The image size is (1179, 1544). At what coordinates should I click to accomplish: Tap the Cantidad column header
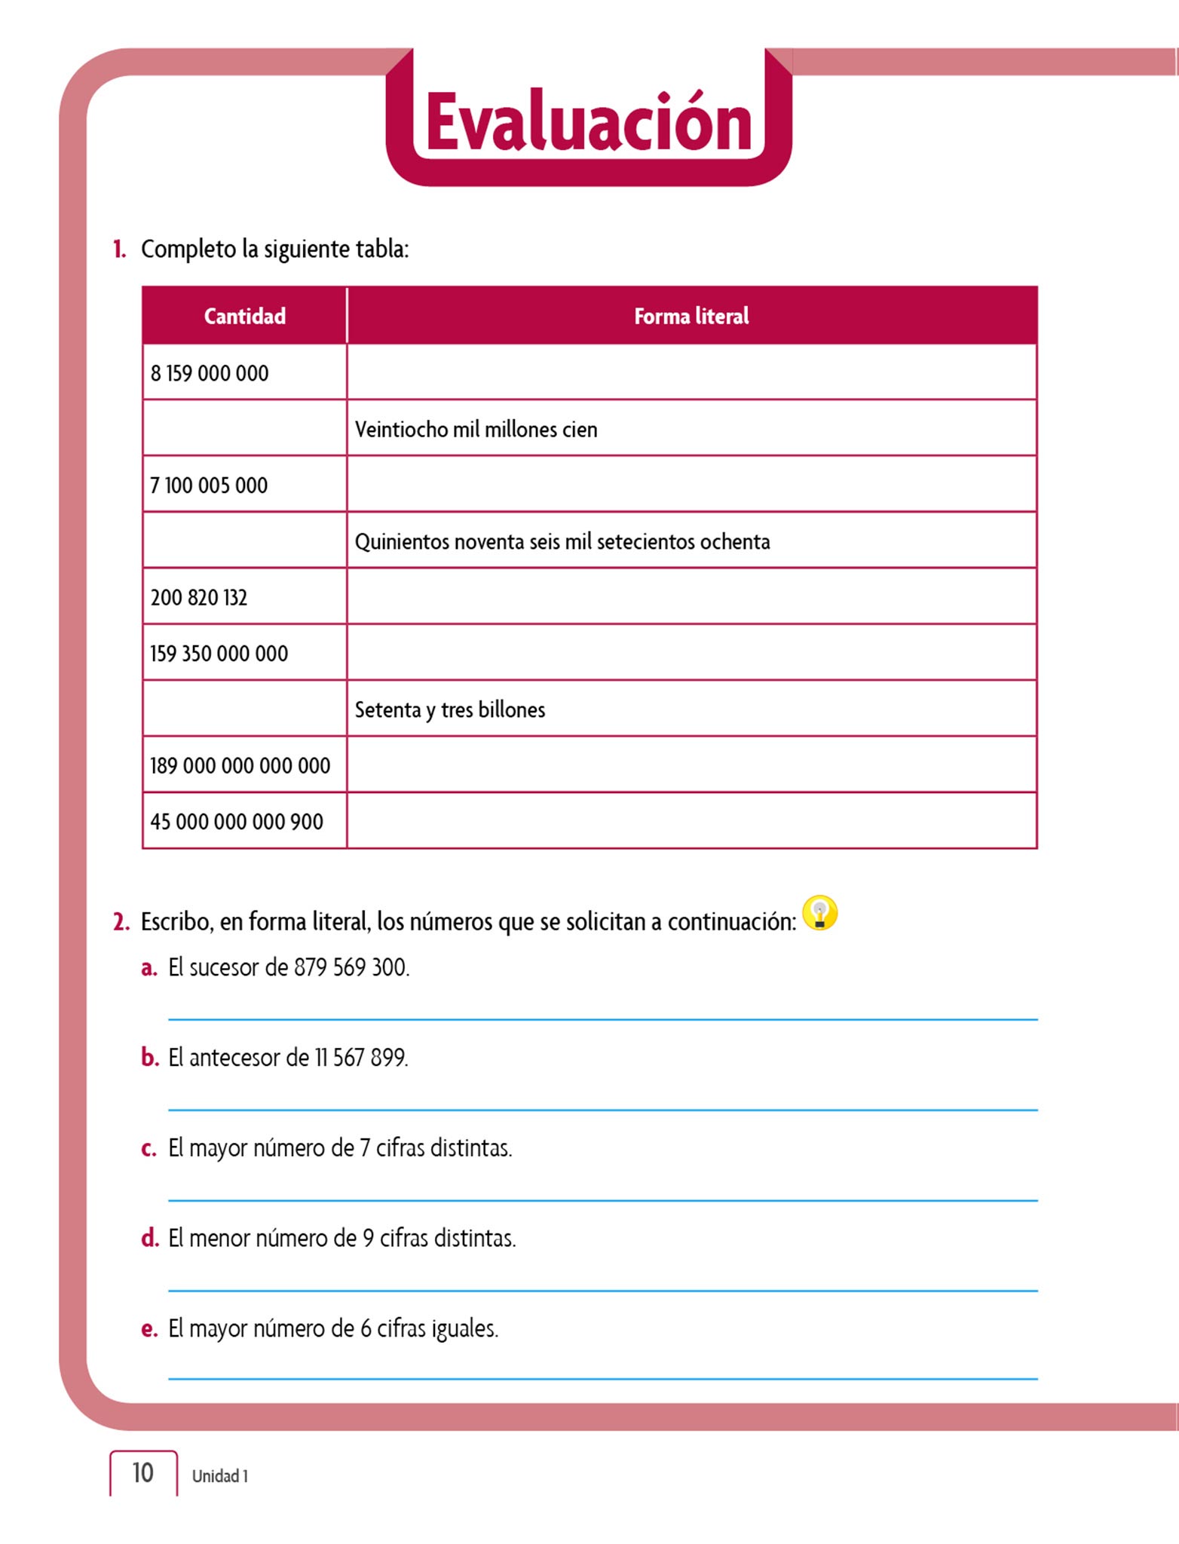pos(244,316)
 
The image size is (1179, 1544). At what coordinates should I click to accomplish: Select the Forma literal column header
pos(691,316)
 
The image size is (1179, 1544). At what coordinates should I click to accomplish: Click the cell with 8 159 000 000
pos(210,373)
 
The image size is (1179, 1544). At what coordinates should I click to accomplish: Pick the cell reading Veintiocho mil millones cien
pos(476,430)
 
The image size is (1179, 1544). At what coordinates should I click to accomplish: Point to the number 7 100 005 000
pos(209,486)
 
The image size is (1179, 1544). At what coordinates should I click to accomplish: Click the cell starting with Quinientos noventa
pos(562,542)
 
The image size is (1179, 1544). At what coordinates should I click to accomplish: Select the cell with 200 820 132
pos(199,598)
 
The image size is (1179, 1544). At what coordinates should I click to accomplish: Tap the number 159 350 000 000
pos(219,654)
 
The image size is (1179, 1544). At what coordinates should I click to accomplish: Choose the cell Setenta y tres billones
pos(449,710)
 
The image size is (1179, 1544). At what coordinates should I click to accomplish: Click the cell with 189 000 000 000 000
pos(240,766)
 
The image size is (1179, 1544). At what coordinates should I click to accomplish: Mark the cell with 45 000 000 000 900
pos(237,822)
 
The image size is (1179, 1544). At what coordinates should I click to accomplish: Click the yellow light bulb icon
pos(819,913)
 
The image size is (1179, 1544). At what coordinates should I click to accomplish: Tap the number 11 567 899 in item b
pos(361,1058)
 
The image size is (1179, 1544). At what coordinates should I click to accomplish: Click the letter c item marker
pos(149,1148)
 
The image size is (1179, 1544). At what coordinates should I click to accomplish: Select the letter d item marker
pos(149,1239)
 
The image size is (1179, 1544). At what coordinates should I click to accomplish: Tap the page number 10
pos(142,1472)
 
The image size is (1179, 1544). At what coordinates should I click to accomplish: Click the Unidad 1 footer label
pos(219,1476)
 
